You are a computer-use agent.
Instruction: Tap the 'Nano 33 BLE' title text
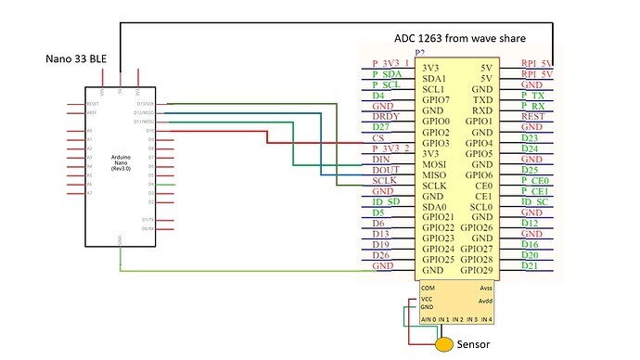point(77,59)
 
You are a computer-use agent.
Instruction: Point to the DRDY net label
point(387,116)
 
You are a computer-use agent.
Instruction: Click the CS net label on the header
point(378,138)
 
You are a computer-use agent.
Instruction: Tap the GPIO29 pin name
point(477,270)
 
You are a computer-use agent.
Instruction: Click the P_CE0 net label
point(537,182)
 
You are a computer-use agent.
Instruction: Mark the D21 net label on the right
point(530,266)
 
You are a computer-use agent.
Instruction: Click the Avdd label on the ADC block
point(485,301)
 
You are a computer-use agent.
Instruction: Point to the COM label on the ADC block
point(428,289)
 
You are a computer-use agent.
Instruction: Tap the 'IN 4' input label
point(487,319)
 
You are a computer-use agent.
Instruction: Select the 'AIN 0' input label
point(429,319)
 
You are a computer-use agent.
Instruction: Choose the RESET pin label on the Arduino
point(92,104)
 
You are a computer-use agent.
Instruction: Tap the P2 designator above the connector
point(419,56)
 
